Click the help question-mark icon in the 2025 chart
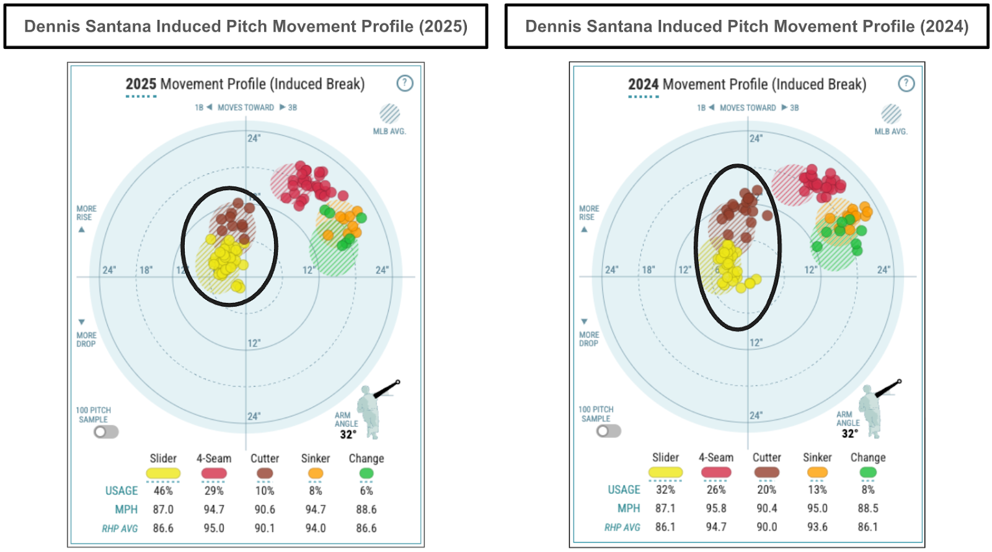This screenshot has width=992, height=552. [x=405, y=83]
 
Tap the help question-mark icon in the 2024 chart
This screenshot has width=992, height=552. [x=906, y=84]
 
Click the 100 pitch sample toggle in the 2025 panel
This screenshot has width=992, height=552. [x=106, y=432]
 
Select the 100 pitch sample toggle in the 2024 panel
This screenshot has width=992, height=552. [x=608, y=431]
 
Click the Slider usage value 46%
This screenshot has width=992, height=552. [x=163, y=491]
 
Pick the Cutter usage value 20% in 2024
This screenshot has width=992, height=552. [x=766, y=489]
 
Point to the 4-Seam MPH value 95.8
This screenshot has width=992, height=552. [x=715, y=508]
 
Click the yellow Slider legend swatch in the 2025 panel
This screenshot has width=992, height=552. [x=163, y=474]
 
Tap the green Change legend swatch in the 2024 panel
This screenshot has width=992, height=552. [x=868, y=473]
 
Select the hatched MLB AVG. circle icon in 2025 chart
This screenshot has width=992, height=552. [x=389, y=114]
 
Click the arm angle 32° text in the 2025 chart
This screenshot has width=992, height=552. [x=348, y=434]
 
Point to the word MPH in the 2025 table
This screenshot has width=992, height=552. [x=126, y=509]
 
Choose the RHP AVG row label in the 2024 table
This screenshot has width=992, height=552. [x=622, y=527]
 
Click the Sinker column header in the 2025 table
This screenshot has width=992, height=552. [x=315, y=458]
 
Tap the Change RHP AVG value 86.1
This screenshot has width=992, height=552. [x=867, y=527]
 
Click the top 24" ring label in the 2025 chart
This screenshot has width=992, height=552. [x=254, y=138]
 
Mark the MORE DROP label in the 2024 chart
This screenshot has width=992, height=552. [x=588, y=339]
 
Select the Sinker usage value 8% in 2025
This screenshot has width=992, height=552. [x=315, y=491]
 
